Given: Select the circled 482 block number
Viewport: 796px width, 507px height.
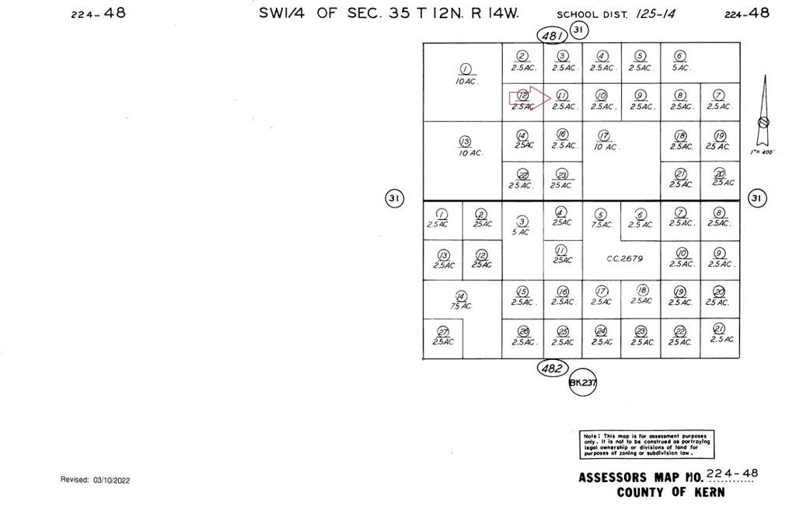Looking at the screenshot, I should pyautogui.click(x=553, y=368).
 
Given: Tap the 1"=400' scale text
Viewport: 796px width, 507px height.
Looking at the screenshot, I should pyautogui.click(x=763, y=152).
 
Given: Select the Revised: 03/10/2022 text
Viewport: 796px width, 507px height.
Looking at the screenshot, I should pyautogui.click(x=95, y=480).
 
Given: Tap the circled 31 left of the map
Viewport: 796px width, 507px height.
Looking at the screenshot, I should pyautogui.click(x=394, y=198).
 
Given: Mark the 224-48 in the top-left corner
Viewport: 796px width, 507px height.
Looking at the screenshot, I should pyautogui.click(x=97, y=13).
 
